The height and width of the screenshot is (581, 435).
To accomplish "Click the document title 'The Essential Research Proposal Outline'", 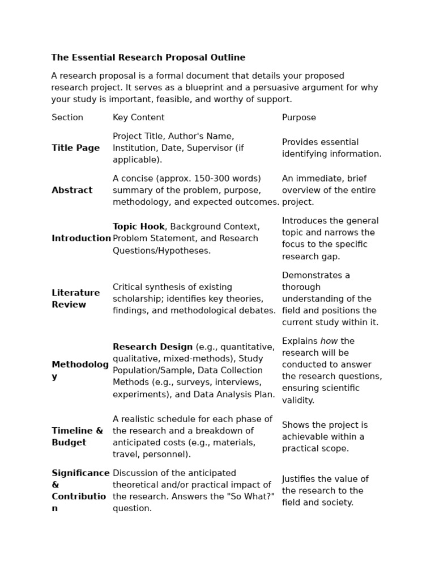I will [148, 57].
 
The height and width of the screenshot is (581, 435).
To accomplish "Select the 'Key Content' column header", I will [138, 117].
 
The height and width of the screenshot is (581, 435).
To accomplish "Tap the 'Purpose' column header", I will [299, 117].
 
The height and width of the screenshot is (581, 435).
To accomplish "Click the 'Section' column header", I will [67, 117].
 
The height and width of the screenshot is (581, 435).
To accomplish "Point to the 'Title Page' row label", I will [75, 148].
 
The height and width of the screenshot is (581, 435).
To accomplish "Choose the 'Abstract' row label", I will [72, 190].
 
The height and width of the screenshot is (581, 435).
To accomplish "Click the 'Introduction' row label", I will [81, 238].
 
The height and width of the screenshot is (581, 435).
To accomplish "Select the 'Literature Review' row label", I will [75, 298].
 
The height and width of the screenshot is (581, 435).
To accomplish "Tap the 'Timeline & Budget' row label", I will [77, 436].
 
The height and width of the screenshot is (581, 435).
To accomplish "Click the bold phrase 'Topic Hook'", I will [138, 226].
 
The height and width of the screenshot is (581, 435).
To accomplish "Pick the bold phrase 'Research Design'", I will [152, 347].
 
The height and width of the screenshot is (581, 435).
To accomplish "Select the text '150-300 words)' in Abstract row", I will [229, 178].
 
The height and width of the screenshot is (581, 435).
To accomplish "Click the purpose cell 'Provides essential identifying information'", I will [331, 148].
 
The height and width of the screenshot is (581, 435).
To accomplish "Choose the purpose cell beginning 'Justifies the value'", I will [325, 491].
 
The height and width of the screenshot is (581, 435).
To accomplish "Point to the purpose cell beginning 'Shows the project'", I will [325, 436].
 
